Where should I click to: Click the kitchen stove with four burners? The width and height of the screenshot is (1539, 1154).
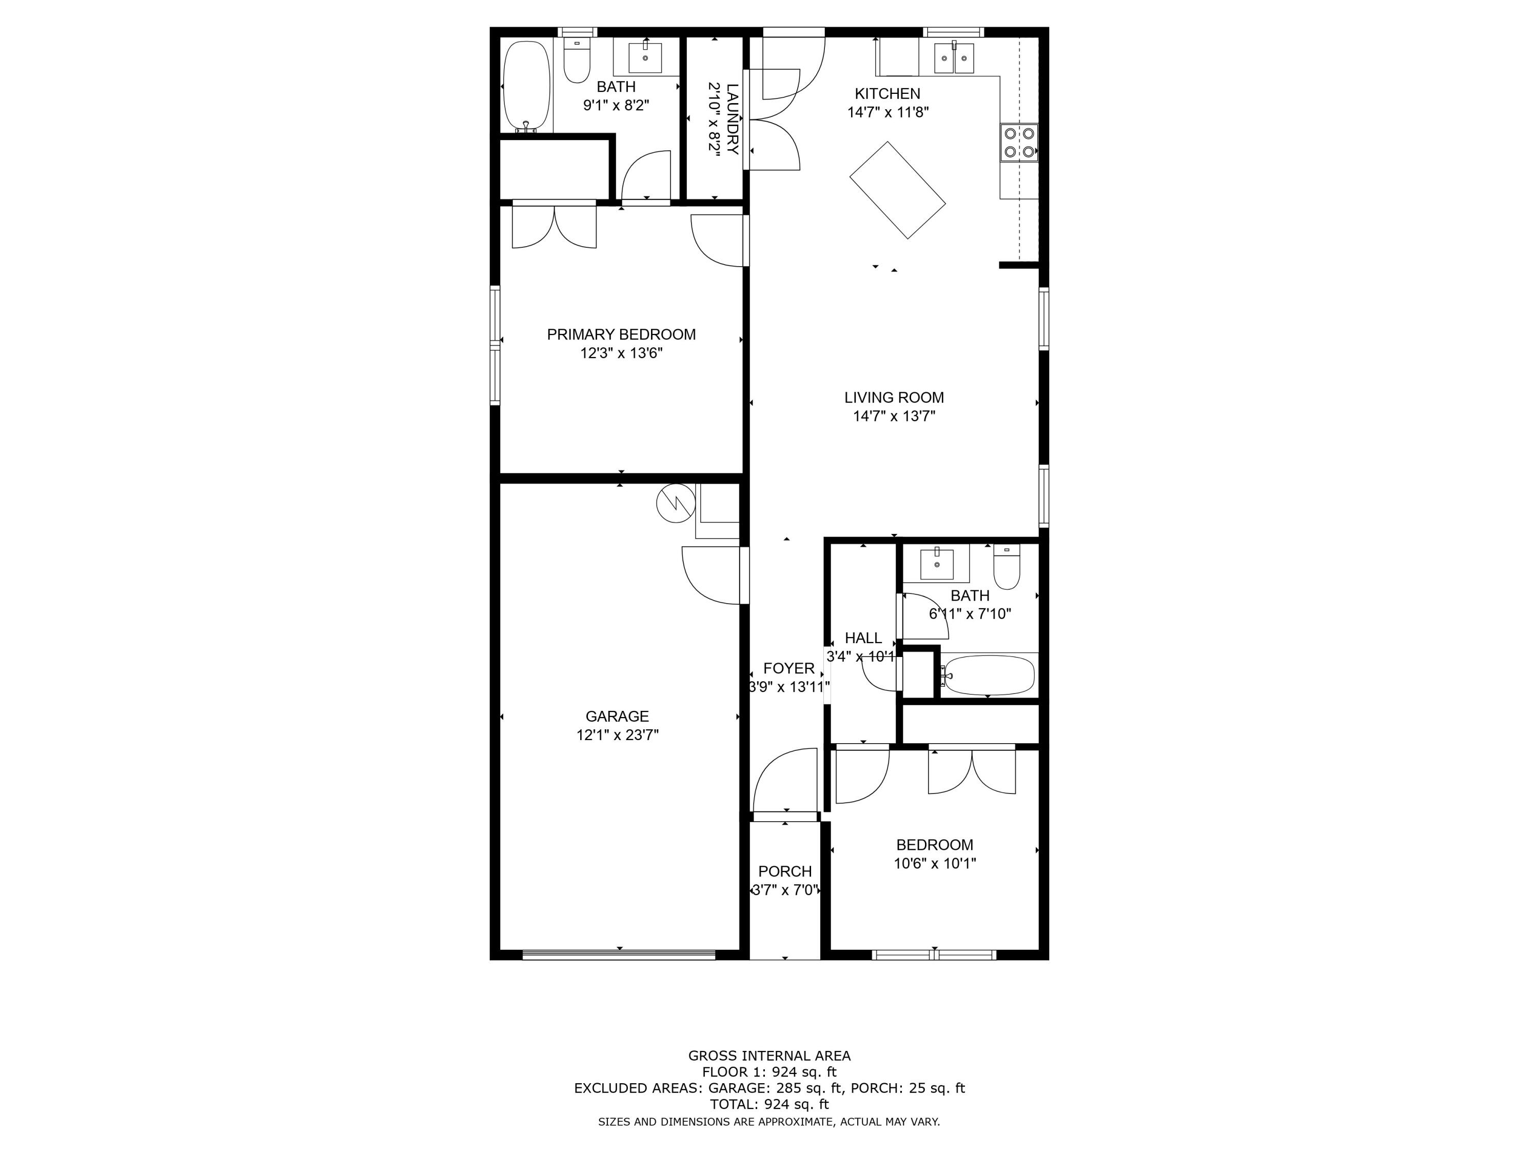pos(1019,143)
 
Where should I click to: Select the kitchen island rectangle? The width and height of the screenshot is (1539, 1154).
pos(898,190)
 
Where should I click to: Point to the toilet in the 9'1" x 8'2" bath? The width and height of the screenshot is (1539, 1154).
pos(577,63)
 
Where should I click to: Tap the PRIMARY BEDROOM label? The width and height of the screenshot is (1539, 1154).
pos(621,334)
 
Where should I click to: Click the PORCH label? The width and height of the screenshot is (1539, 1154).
pos(785,871)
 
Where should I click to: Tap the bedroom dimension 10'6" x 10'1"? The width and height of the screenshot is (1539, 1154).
pos(934,864)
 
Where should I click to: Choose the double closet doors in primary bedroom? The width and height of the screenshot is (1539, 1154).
pos(554,226)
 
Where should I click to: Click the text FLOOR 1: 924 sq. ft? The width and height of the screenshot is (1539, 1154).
pos(769,1072)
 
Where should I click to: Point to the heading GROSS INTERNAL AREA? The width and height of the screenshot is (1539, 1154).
pos(769,1056)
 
